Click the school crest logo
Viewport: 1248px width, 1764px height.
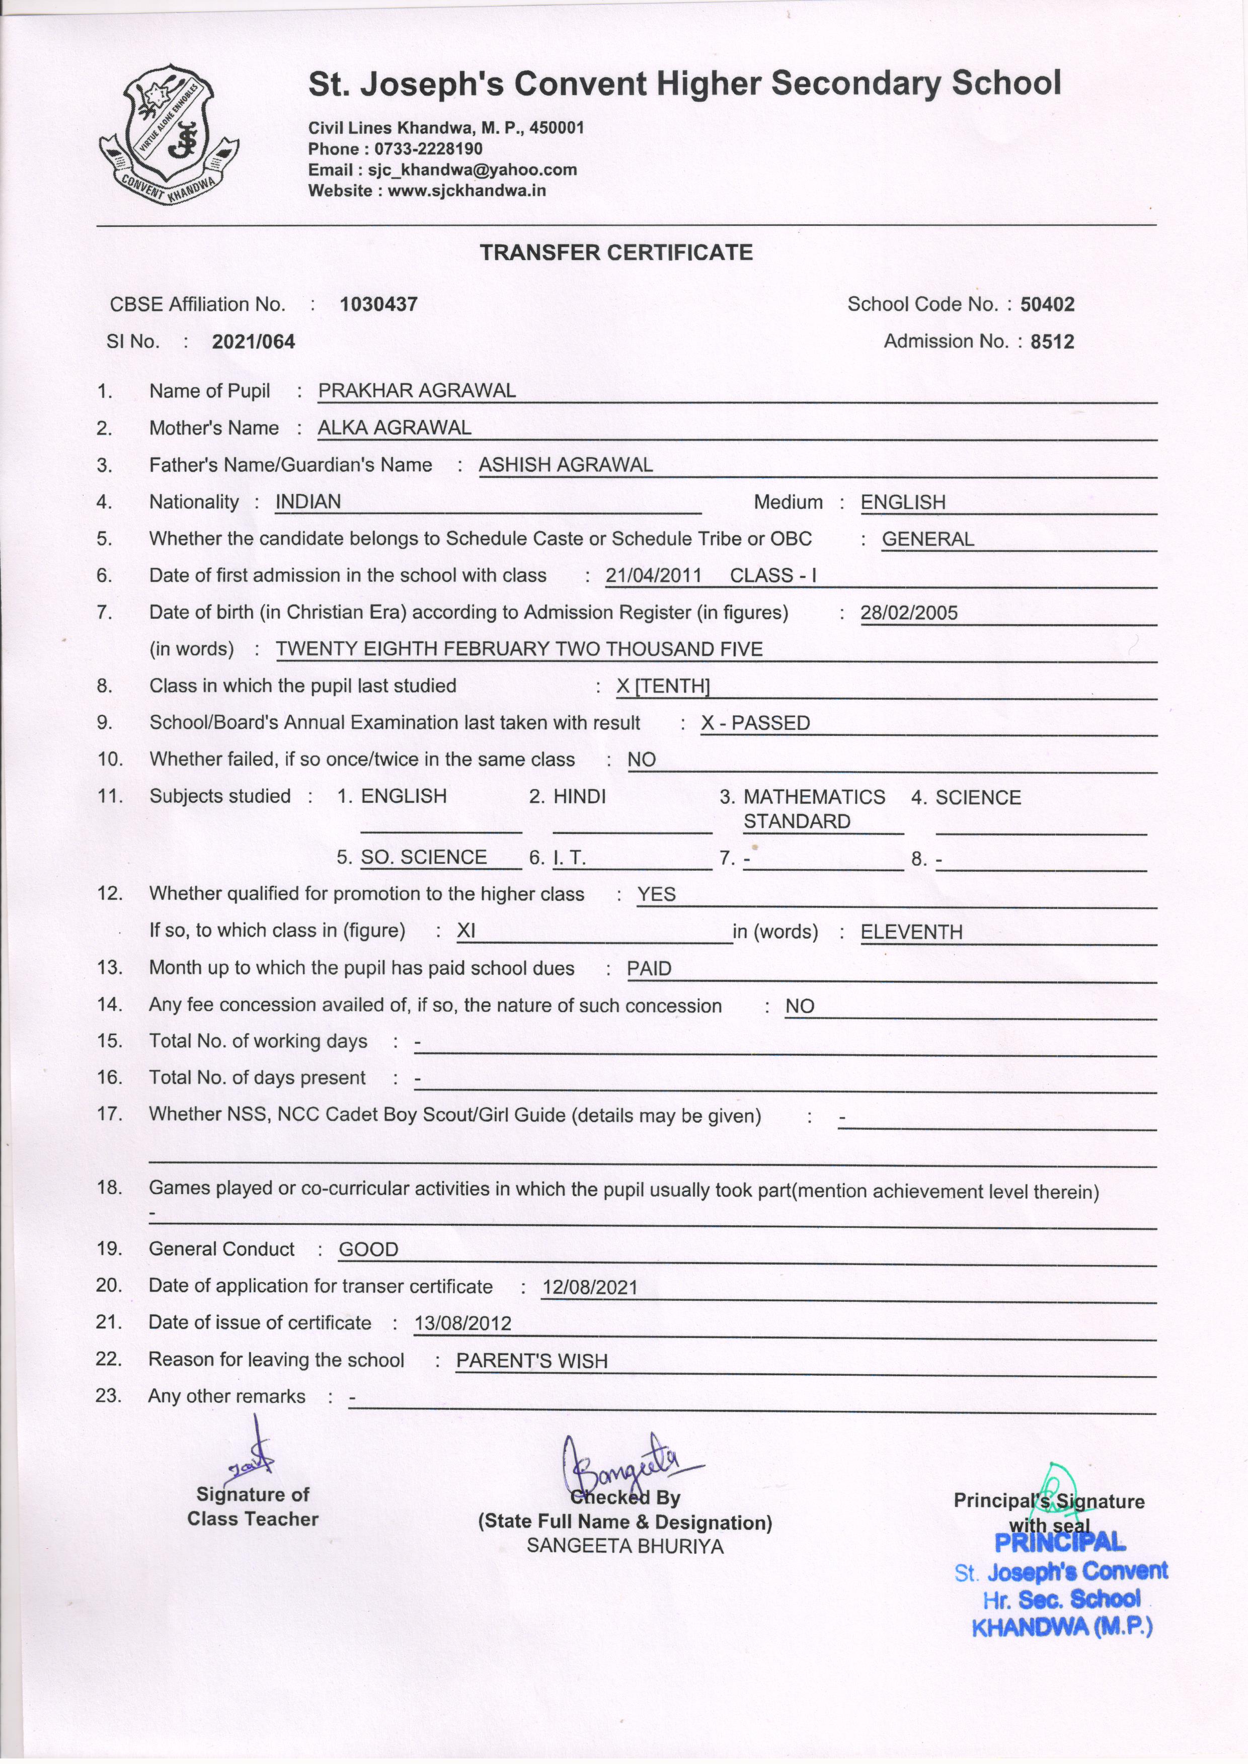[168, 135]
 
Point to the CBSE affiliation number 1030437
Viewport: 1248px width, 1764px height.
[379, 304]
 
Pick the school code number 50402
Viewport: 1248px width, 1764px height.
[1047, 304]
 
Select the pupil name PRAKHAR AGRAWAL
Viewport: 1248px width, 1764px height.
[417, 390]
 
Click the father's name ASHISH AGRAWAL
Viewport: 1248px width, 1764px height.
[566, 464]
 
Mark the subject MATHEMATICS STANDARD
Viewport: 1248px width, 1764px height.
[813, 808]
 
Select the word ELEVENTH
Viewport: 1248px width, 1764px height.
[911, 932]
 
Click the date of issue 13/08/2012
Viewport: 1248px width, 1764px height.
[462, 1323]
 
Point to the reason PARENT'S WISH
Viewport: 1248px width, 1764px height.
[532, 1361]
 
